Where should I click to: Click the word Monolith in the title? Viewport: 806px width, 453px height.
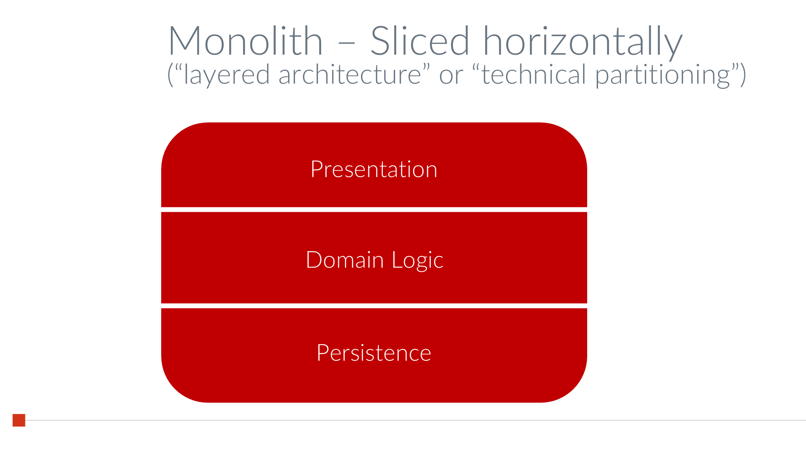[x=245, y=41]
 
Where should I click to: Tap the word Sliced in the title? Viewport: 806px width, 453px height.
[x=420, y=41]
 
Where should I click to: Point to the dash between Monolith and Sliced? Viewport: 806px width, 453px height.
[x=346, y=42]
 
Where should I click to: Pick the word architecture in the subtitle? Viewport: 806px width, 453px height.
[x=349, y=75]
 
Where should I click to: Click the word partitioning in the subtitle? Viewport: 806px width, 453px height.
[x=663, y=76]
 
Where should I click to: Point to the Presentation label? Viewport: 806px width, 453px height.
[x=374, y=169]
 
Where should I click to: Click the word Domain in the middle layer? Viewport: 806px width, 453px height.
[x=345, y=260]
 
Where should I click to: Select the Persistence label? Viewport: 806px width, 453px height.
[x=374, y=353]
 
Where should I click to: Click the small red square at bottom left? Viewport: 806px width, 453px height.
[x=19, y=420]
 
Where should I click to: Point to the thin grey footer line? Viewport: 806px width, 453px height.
[x=403, y=420]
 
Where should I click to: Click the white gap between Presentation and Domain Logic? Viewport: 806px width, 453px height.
[x=374, y=210]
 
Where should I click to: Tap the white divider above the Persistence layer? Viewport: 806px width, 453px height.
[x=374, y=306]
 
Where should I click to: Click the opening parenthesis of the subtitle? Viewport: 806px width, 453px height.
[x=170, y=75]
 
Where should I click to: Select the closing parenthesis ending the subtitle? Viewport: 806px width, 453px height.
[x=743, y=75]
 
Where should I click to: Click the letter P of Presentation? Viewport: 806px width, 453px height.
[x=317, y=169]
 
